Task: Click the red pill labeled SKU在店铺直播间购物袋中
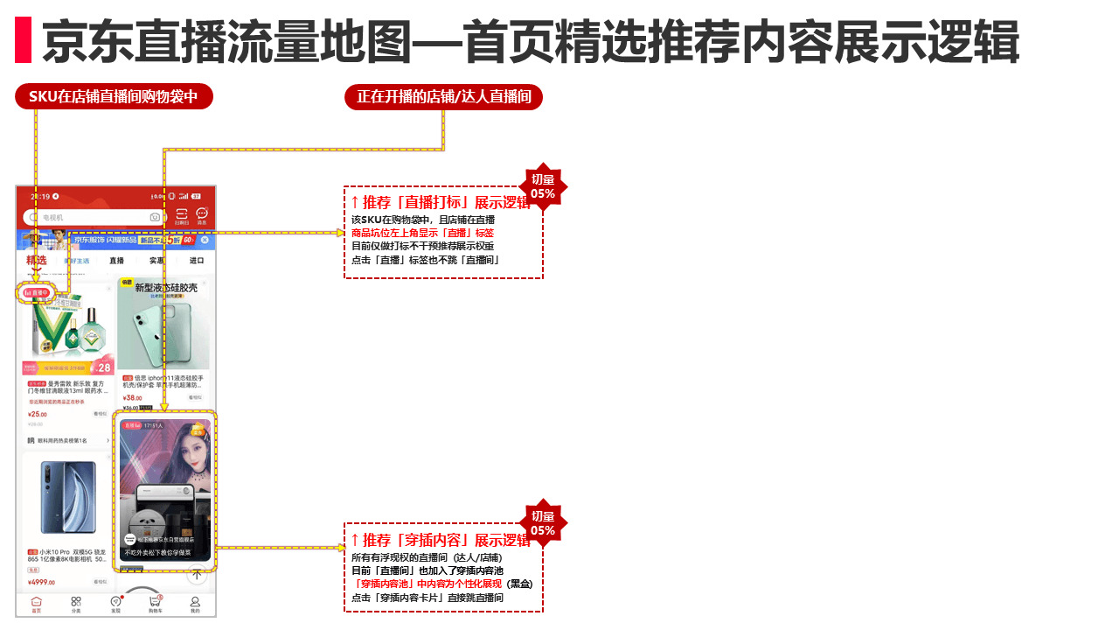point(114,96)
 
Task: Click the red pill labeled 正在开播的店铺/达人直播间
point(444,96)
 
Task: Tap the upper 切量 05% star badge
point(543,186)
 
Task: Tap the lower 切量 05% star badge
point(543,523)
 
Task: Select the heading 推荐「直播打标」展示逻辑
point(441,203)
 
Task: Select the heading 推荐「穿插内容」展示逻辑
point(441,540)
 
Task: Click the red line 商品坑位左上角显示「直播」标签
point(422,234)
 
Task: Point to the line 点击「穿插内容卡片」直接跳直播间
point(427,598)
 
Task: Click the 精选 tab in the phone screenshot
point(37,260)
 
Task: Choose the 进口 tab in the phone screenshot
point(196,261)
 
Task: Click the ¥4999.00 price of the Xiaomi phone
point(42,582)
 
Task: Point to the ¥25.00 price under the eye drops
point(38,414)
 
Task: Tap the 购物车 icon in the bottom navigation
point(155,604)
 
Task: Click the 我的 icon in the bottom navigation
point(195,604)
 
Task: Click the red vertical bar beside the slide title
point(23,40)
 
